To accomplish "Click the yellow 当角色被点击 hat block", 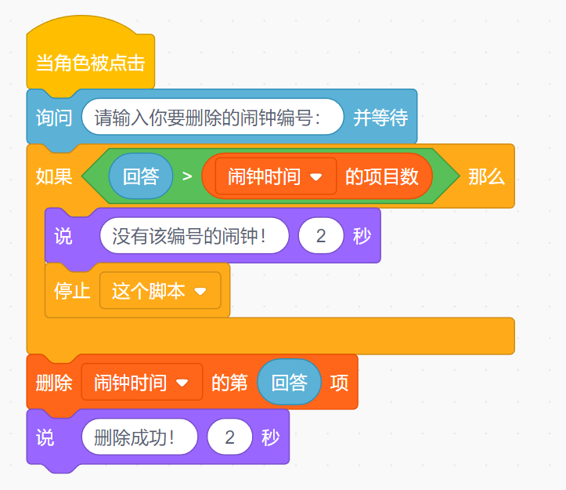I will coord(90,64).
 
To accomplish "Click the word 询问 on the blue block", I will coord(54,118).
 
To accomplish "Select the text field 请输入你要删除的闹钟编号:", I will coord(212,118).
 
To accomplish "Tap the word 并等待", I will coord(380,118).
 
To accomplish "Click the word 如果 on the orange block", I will coord(54,176).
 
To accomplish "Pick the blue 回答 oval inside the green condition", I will coord(141,176).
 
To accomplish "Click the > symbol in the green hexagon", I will coord(187,176).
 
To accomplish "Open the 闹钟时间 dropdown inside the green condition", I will coord(275,176).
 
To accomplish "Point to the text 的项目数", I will coord(382,176).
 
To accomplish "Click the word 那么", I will coord(486,176).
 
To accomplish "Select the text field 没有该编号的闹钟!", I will coord(194,235).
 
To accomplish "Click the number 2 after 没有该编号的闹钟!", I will coord(321,235).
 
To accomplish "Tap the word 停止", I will coord(72,291).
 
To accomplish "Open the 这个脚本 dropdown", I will coord(160,291).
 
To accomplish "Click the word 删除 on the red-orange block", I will coord(54,383).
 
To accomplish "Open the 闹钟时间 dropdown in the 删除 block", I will coord(141,383).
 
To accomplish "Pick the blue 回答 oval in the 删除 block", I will coord(289,383).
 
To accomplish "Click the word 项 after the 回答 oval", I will coord(339,383).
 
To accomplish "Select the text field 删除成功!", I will coord(139,437).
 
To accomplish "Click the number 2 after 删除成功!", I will coord(230,437).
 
